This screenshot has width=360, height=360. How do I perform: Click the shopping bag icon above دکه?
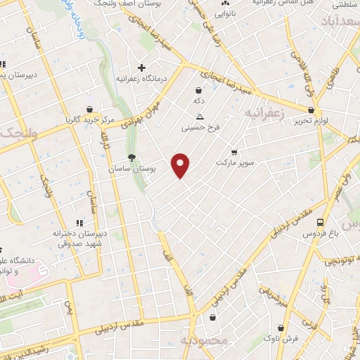pyautogui.click(x=199, y=90)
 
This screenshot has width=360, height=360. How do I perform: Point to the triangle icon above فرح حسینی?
pyautogui.click(x=200, y=117)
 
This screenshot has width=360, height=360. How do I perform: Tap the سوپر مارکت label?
pyautogui.click(x=233, y=162)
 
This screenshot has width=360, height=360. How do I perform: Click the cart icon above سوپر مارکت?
pyautogui.click(x=234, y=151)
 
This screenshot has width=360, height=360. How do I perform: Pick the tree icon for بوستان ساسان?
pyautogui.click(x=131, y=158)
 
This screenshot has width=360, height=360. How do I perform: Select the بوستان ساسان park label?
pyautogui.click(x=131, y=169)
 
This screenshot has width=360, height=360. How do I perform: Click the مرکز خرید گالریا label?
pyautogui.click(x=88, y=120)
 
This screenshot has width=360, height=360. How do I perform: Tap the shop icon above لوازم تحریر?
pyautogui.click(x=311, y=110)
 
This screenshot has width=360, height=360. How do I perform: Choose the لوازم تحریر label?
pyautogui.click(x=310, y=120)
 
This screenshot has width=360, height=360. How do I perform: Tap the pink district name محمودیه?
pyautogui.click(x=205, y=341)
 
